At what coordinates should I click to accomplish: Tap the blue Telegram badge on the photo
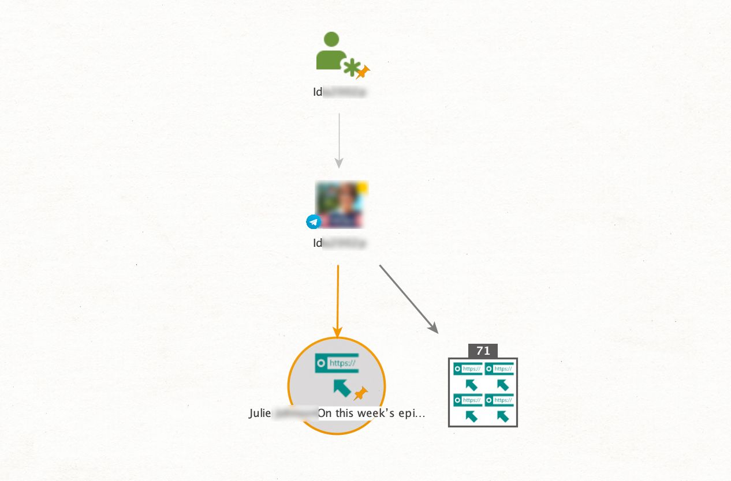click(313, 221)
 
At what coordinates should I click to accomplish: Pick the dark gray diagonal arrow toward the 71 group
click(408, 298)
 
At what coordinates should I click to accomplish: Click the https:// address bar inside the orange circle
click(337, 363)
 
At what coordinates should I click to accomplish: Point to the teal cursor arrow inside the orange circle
click(341, 388)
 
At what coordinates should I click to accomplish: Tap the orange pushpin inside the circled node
click(361, 393)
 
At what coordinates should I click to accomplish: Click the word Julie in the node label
click(260, 414)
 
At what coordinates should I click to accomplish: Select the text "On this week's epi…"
click(371, 414)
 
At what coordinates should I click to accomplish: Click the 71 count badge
click(483, 351)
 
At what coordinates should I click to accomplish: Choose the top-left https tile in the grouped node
click(468, 376)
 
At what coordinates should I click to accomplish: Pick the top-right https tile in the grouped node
click(499, 376)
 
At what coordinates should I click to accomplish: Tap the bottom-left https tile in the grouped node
click(468, 407)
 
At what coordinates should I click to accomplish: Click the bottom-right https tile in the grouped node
click(499, 407)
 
